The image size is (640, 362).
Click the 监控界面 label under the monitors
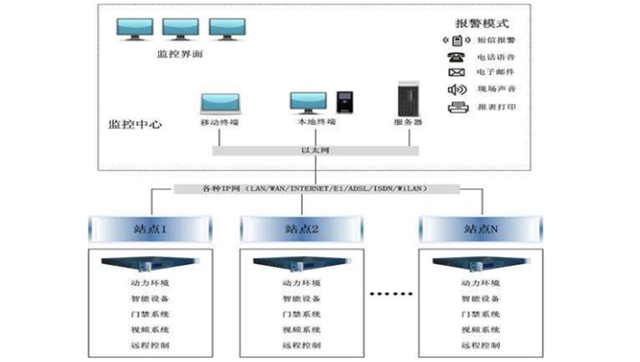pos(179,54)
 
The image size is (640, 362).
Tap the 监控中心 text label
pos(136,124)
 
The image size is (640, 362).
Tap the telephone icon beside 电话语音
pos(456,57)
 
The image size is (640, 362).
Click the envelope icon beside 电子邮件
pos(456,72)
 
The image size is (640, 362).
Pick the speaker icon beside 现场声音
pos(456,90)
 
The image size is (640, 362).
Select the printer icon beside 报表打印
pos(456,107)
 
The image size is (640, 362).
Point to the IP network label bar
pos(313,188)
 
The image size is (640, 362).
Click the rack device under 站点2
pos(302,265)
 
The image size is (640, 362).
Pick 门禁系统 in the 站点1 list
pos(149,314)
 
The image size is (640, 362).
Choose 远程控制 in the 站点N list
pos(480,346)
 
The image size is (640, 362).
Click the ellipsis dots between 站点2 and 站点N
pos(391,293)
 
